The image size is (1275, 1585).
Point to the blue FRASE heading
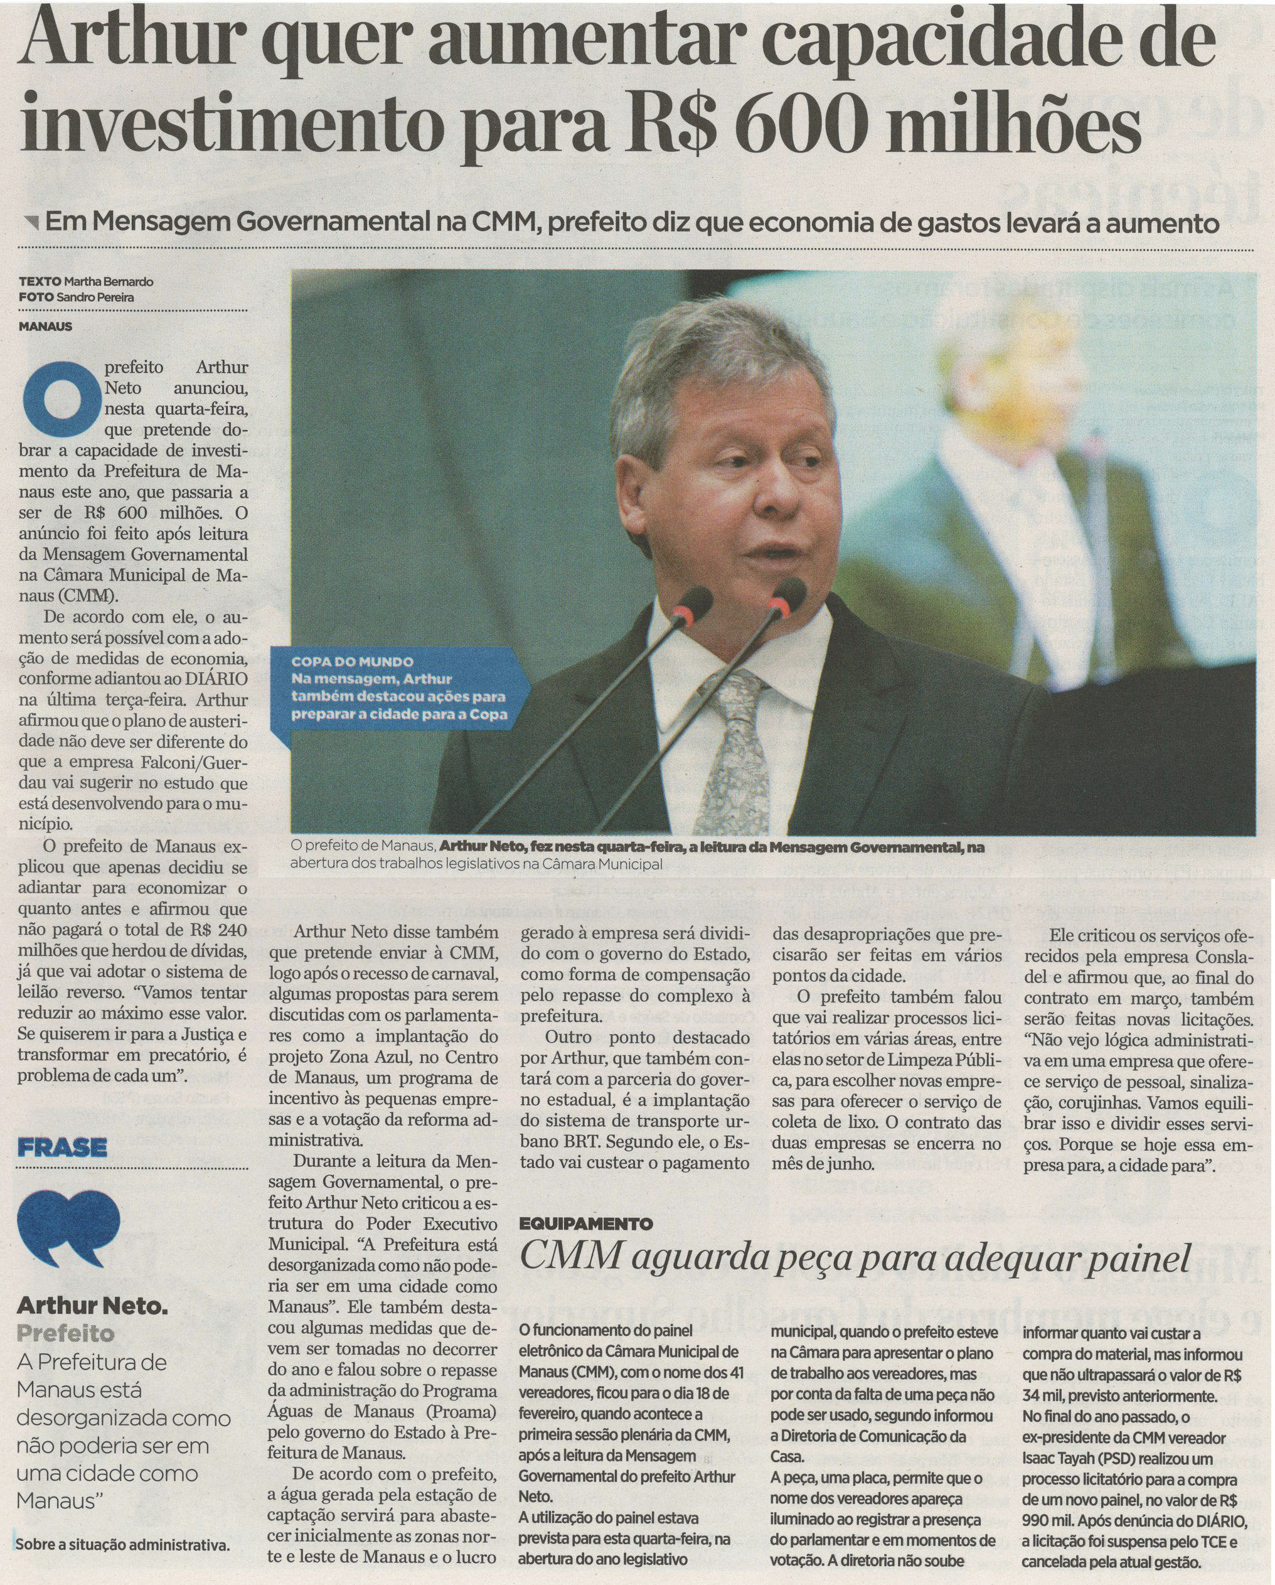pos(63,1147)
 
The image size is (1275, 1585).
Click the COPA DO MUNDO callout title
pos(352,662)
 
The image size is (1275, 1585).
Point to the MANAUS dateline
pos(46,326)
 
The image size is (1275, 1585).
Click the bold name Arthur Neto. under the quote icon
pos(92,1306)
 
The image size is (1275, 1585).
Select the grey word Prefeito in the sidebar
pos(66,1333)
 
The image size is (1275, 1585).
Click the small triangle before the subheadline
pos(31,222)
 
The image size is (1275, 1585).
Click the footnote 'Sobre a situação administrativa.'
pos(122,1544)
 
